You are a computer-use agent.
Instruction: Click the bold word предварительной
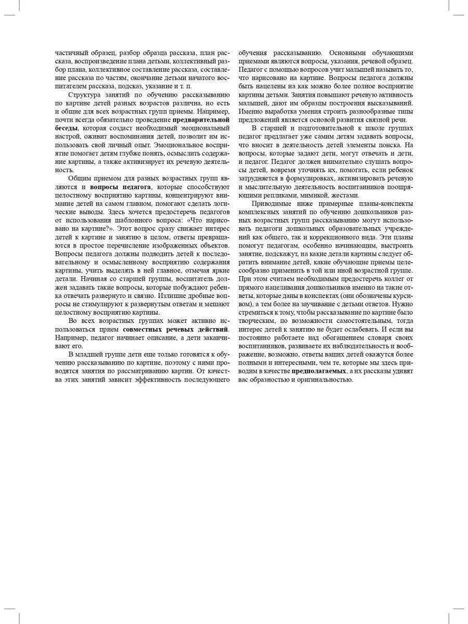point(201,120)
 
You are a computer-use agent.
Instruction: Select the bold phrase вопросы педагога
point(121,186)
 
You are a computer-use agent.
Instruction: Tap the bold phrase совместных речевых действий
point(175,329)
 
